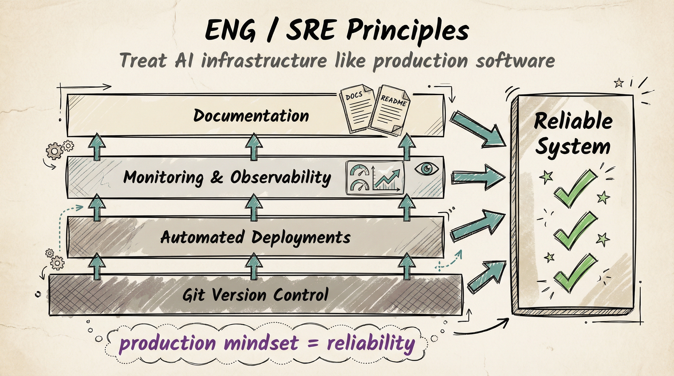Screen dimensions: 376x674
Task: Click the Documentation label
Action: coord(251,116)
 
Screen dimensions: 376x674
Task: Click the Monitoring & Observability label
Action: coord(227,177)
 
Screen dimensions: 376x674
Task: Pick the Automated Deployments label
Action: coord(255,237)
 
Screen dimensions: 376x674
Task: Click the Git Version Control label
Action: coord(255,295)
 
